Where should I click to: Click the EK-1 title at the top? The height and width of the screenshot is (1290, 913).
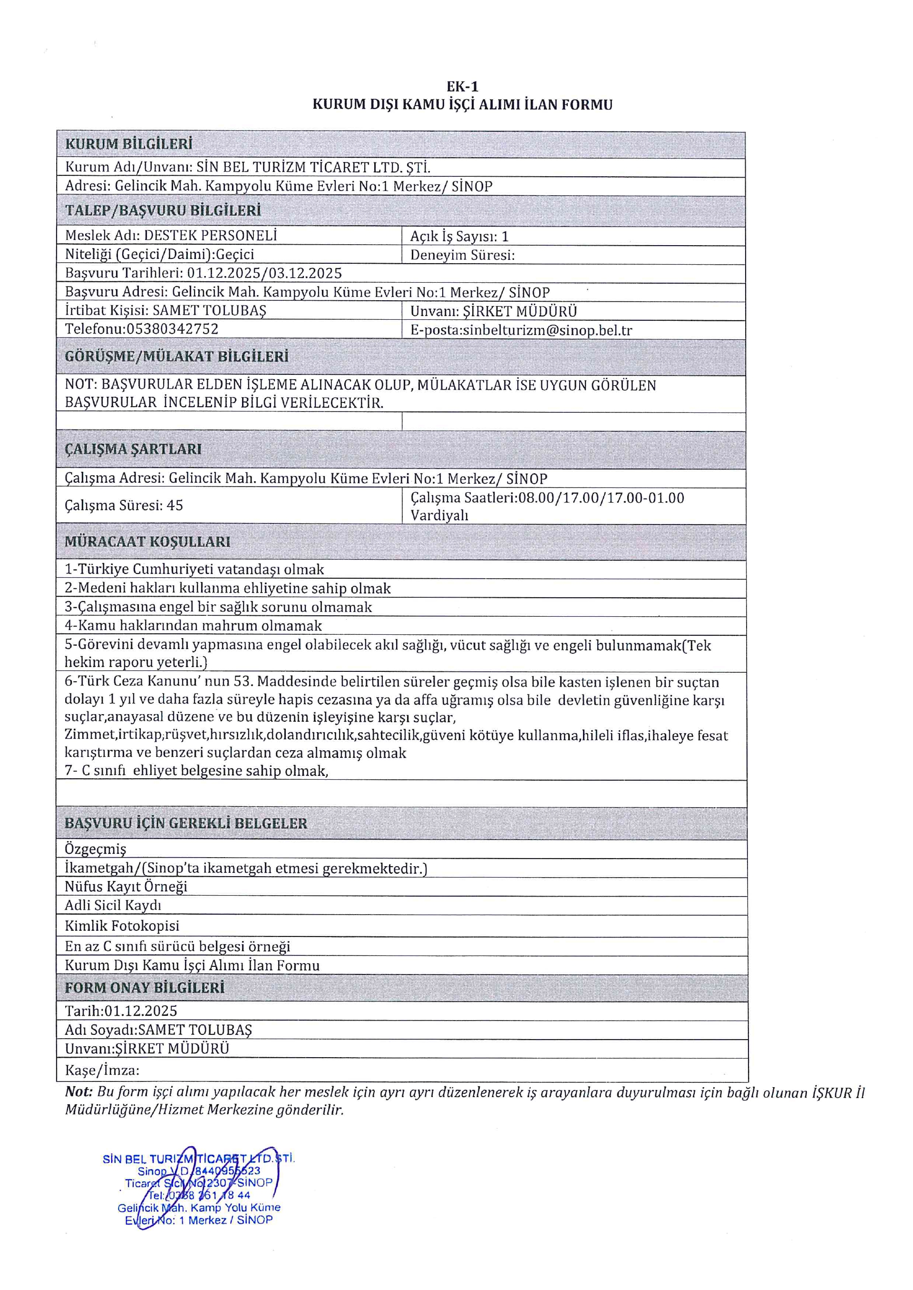click(462, 86)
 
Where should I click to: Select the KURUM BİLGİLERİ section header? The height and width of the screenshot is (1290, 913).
click(129, 144)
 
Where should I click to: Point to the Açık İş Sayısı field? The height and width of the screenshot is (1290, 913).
click(459, 237)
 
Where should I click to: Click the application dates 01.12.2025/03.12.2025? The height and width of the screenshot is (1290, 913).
click(264, 273)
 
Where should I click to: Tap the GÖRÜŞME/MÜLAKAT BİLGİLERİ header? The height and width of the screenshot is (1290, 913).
click(176, 357)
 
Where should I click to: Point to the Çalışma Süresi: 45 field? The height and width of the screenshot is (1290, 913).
click(124, 505)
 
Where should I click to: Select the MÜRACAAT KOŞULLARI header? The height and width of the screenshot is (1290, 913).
click(147, 542)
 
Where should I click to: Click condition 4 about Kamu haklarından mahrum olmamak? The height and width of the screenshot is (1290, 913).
click(194, 625)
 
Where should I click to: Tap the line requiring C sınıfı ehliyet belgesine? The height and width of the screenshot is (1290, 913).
click(197, 770)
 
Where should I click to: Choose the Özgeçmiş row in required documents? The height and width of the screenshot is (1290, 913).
click(96, 849)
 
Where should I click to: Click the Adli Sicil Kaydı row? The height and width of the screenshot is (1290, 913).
click(113, 905)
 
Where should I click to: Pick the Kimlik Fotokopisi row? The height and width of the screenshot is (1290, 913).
click(122, 926)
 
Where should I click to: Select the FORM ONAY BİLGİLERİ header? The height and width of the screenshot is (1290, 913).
click(145, 987)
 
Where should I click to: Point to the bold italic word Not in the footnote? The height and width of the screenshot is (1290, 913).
click(78, 1092)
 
